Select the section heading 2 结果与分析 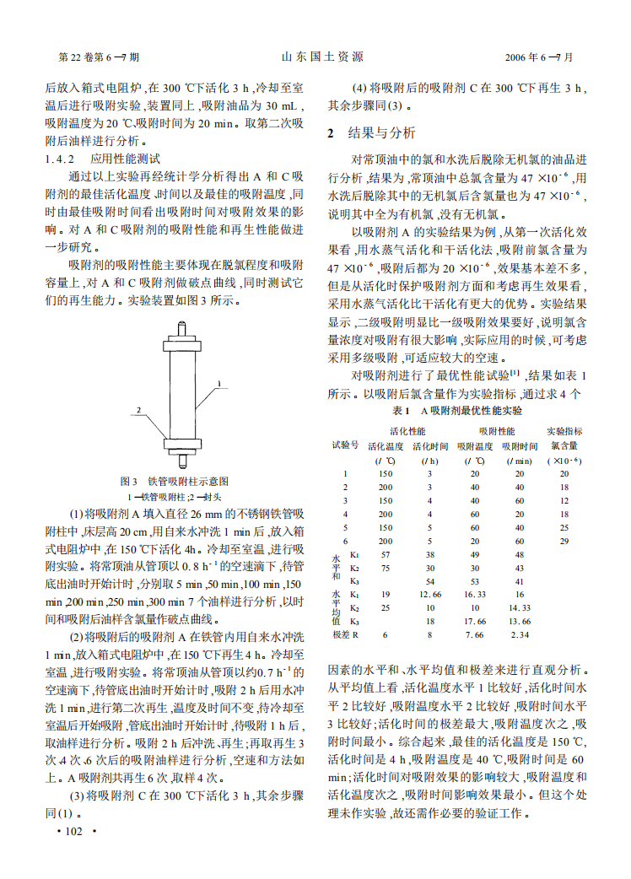372,133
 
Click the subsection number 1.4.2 60,159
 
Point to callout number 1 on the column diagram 220,384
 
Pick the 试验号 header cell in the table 344,445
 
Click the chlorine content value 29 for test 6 564,540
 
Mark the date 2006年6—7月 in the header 537,57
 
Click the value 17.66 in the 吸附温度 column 475,621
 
